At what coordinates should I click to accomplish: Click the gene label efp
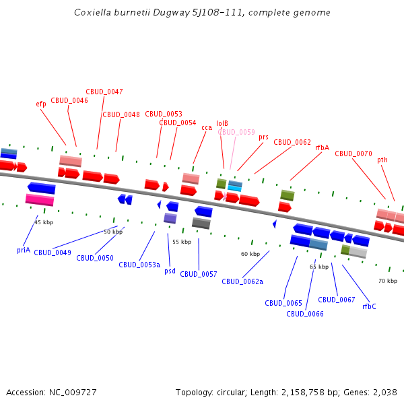41,104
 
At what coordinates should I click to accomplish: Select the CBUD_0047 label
104,92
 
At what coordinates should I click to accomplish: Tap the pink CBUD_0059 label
236,132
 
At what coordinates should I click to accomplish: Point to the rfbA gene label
322,147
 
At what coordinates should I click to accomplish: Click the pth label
382,160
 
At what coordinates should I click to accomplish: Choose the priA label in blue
24,250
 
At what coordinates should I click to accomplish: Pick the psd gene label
170,271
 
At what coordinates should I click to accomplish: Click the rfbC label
369,306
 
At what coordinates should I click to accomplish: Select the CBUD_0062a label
242,281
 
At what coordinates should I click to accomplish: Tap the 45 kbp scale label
44,222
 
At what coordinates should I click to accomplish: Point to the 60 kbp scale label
250,254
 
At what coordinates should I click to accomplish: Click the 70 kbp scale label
387,281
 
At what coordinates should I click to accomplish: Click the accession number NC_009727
74,392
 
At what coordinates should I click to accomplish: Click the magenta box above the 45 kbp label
40,199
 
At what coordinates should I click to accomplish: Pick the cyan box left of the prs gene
235,189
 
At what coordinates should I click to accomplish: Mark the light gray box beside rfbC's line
358,252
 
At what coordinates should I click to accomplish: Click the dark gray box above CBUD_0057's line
201,224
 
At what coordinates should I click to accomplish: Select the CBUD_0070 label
353,154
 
